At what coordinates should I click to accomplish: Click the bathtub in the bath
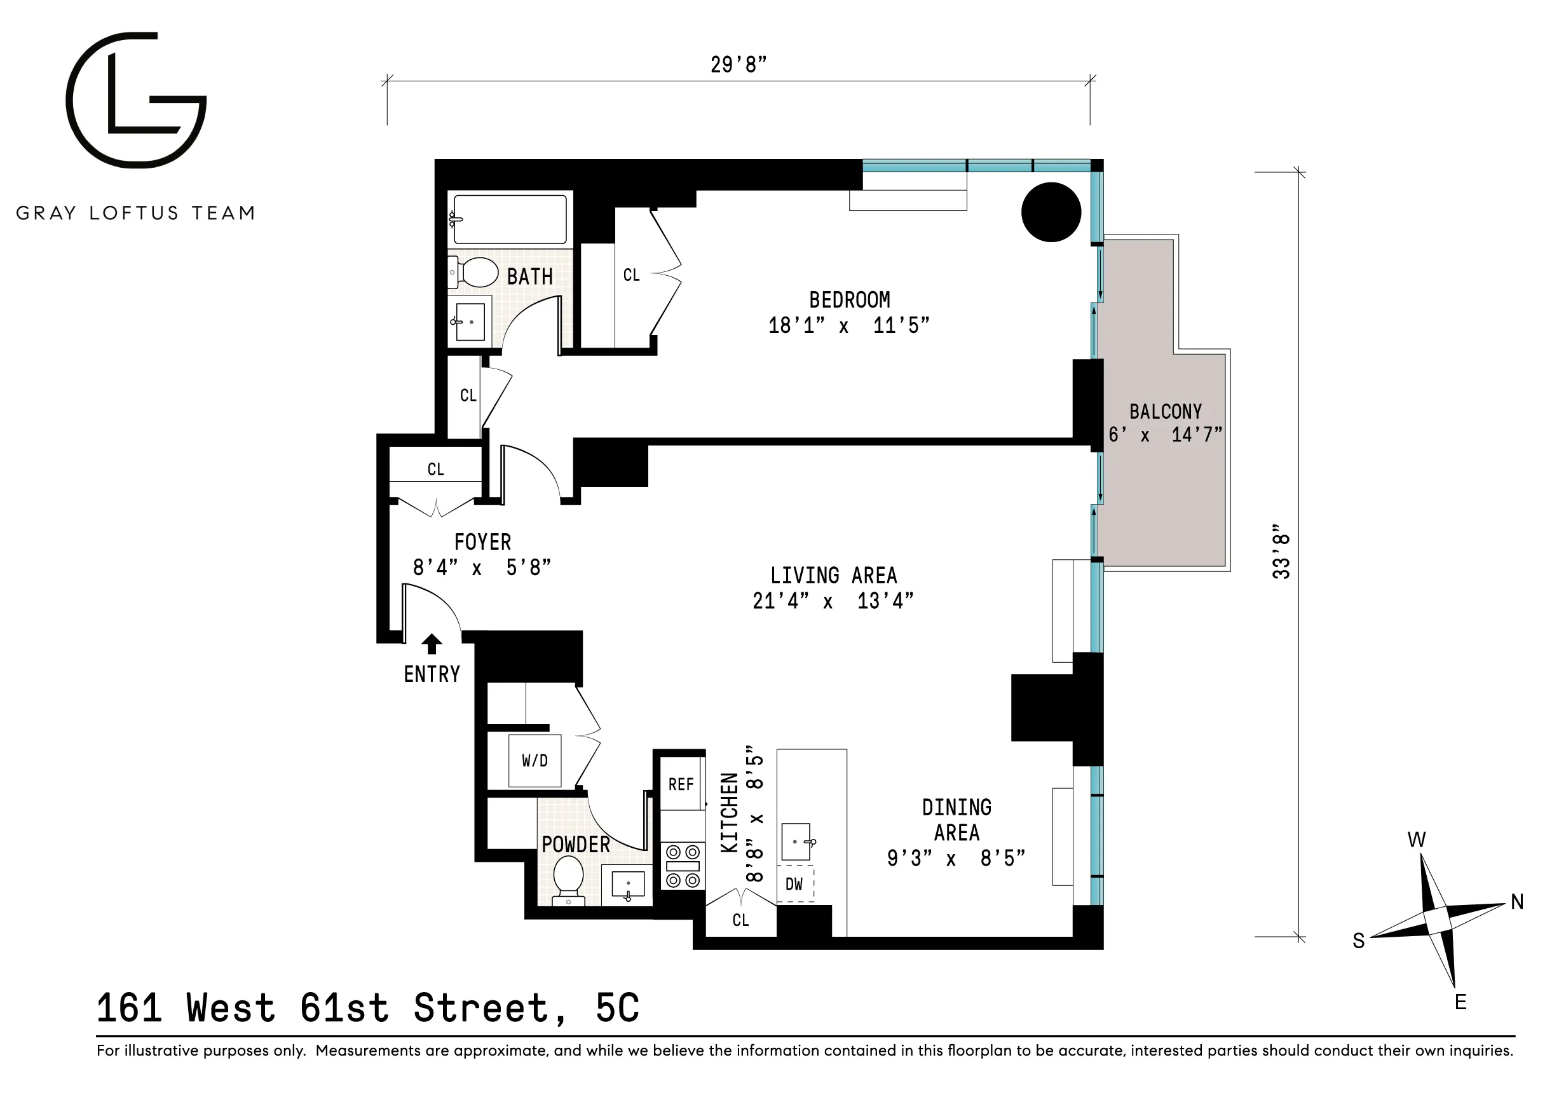pos(509,219)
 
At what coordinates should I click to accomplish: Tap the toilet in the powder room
pos(568,878)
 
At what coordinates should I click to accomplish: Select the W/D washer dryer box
pos(535,761)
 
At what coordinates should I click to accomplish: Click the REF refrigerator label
pos(681,784)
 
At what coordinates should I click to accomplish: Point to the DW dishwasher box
pos(794,883)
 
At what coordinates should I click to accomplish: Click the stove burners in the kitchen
pos(683,866)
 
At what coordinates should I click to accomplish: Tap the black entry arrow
pos(432,643)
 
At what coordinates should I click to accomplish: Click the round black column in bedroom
pos(1051,212)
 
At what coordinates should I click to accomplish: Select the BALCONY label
pos(1165,411)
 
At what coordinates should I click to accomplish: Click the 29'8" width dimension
pos(738,64)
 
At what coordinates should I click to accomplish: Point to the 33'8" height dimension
pos(1281,552)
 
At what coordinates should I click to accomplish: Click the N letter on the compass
pos(1518,902)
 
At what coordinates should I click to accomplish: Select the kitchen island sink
pos(796,841)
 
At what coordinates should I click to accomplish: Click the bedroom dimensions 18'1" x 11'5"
pos(848,326)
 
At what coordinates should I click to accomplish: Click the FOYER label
pos(482,542)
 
